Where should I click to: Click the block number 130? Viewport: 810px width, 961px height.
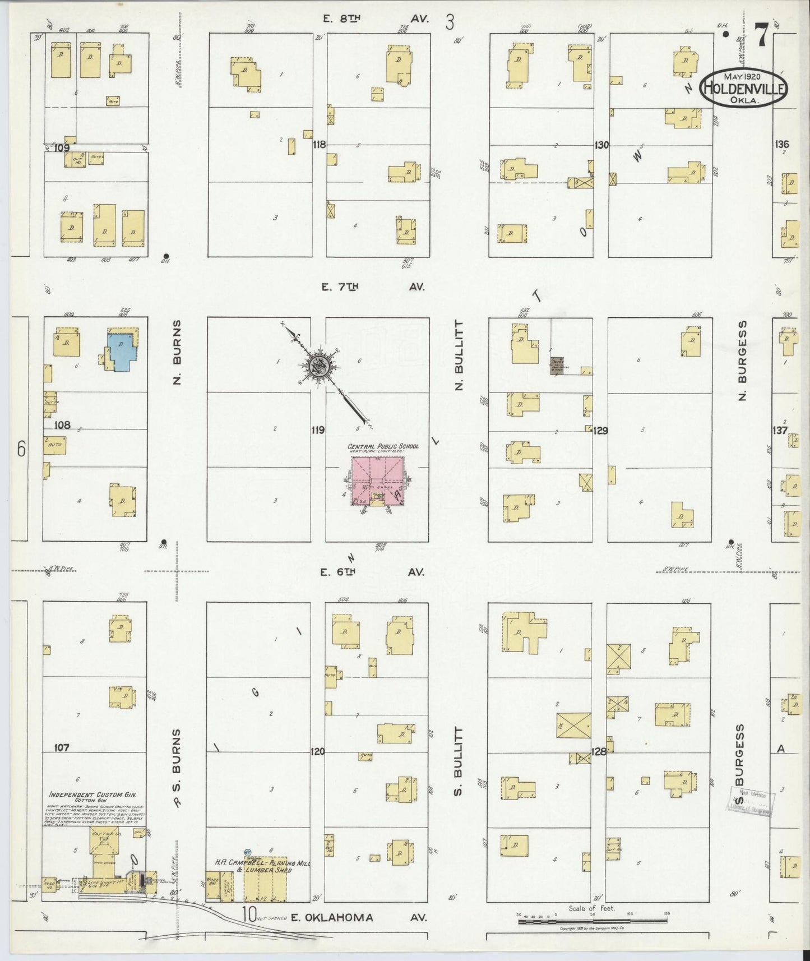pyautogui.click(x=601, y=145)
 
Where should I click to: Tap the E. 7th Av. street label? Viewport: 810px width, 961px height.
pyautogui.click(x=372, y=287)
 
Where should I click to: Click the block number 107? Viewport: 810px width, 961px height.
pyautogui.click(x=62, y=747)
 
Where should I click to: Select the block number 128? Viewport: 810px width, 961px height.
pyautogui.click(x=599, y=752)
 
